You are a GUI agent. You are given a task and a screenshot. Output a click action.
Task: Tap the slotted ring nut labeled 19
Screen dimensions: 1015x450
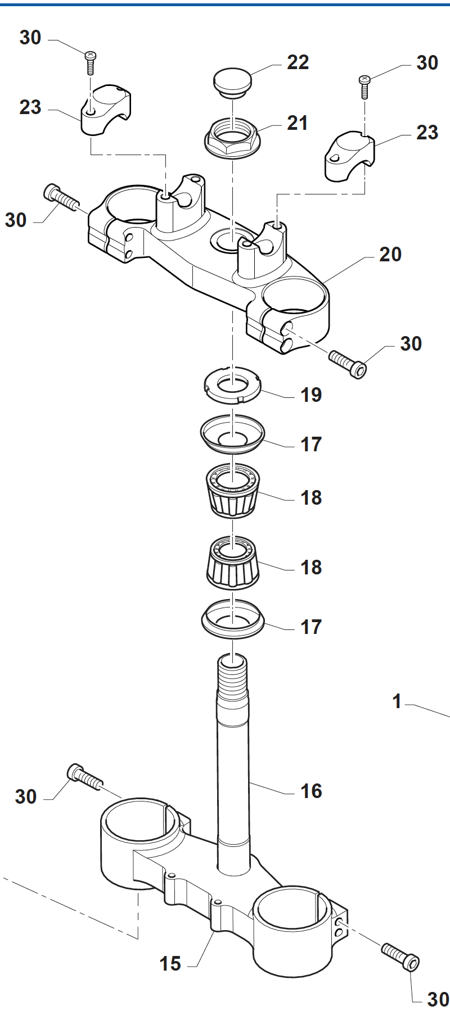coord(232,385)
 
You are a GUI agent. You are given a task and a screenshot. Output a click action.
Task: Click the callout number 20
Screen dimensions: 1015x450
coord(390,255)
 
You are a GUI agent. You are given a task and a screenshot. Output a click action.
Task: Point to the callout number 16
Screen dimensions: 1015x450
coord(311,791)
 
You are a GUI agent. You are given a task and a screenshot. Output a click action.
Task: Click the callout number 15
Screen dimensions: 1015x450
coord(170,964)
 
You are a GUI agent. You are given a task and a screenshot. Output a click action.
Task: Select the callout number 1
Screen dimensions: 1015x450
coord(397,701)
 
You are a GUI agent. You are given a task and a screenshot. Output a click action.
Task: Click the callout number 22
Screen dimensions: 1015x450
coord(298,62)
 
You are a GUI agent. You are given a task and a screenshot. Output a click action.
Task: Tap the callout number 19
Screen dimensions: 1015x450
coord(311,395)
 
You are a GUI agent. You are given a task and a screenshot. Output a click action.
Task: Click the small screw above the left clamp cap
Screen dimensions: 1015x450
coord(90,62)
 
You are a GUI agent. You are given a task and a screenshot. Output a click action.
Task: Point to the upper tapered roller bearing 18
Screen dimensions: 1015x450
coord(232,490)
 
